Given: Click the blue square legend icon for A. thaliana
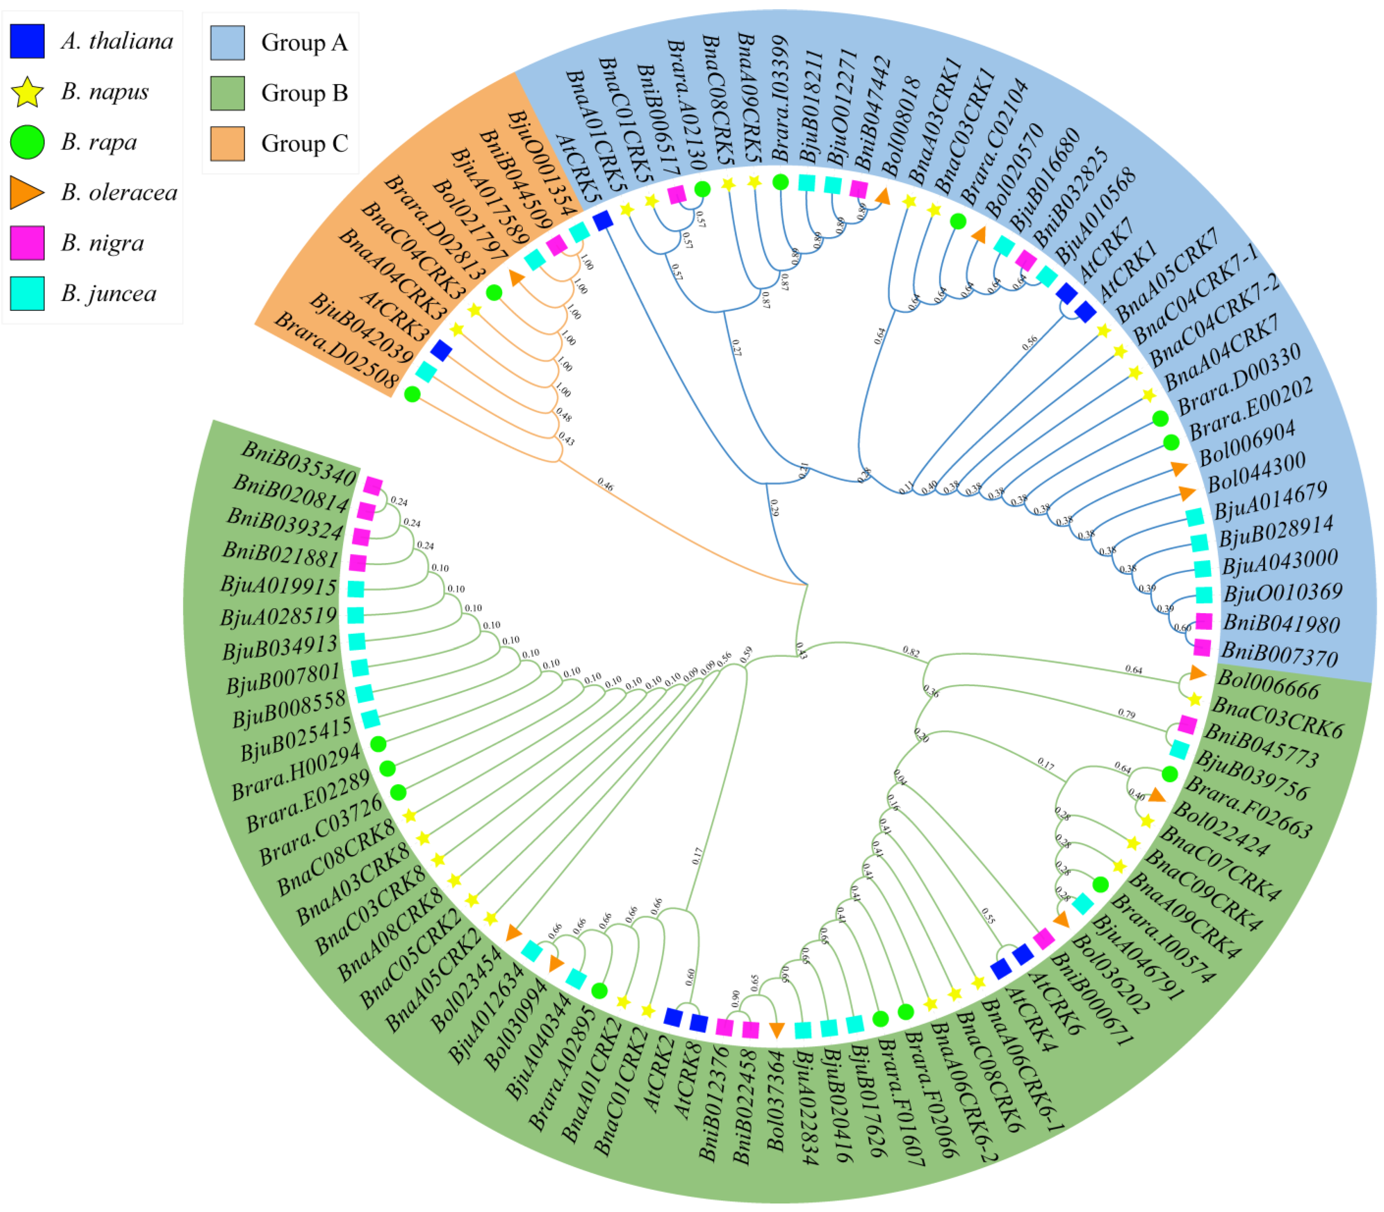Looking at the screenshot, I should (x=27, y=41).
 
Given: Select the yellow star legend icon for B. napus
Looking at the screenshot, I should (x=27, y=92).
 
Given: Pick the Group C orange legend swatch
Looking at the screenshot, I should (x=227, y=143).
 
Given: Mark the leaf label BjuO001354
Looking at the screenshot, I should (x=541, y=162).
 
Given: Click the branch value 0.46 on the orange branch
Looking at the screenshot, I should (x=605, y=485).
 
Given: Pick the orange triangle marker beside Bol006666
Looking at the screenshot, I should (x=1197, y=673).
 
